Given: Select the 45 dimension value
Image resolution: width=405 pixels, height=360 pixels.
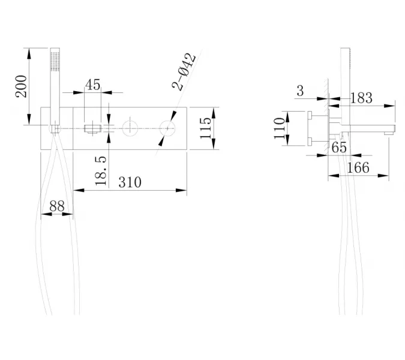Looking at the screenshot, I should (x=92, y=85).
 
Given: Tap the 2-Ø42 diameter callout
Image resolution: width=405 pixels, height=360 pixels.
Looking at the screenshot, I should (x=184, y=72).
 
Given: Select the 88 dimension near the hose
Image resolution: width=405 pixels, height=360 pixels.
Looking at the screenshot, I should (x=56, y=205).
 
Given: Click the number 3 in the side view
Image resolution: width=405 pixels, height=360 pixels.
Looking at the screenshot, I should (x=299, y=91).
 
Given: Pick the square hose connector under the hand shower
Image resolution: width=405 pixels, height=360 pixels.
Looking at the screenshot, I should (x=55, y=128).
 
